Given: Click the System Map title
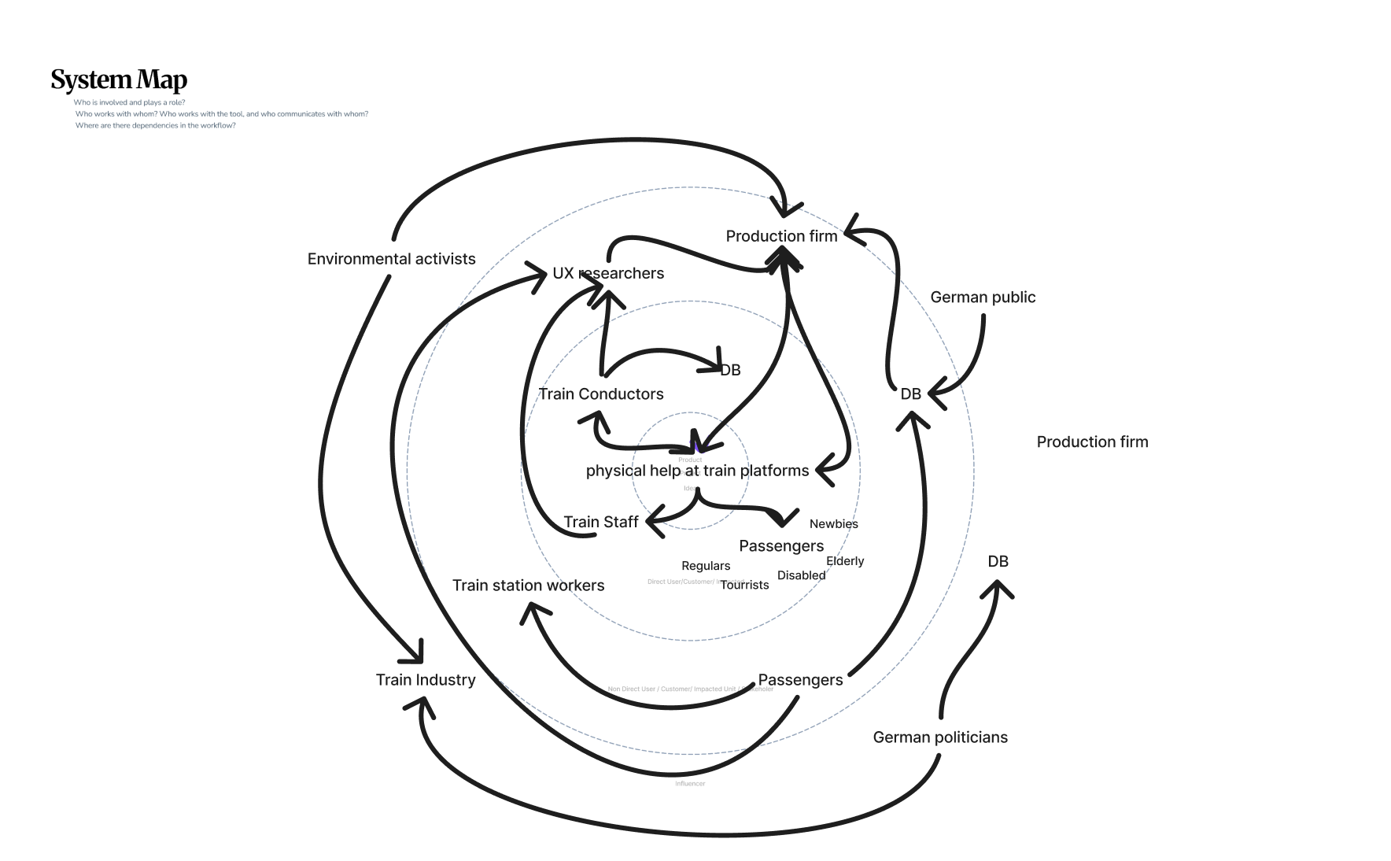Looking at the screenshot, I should click(119, 79).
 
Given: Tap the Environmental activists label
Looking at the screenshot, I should click(391, 259).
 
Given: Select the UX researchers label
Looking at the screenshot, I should click(608, 273).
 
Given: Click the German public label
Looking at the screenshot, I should click(983, 297).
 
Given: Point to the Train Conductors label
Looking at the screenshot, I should click(600, 394).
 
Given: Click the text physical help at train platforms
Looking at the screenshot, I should click(697, 471).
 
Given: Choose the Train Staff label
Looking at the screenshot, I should click(601, 522).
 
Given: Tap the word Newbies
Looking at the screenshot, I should click(833, 524).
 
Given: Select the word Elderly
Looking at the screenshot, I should click(845, 561).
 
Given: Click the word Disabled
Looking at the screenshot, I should click(801, 575).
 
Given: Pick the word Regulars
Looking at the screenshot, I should click(706, 566).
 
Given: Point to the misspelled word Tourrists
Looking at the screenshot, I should click(744, 585).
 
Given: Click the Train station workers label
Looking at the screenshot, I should click(528, 586).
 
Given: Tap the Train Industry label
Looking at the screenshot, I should click(426, 680).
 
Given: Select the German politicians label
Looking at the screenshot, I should click(940, 737).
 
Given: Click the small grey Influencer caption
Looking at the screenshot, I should click(690, 784).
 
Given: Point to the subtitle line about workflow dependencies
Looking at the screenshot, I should click(155, 126).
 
